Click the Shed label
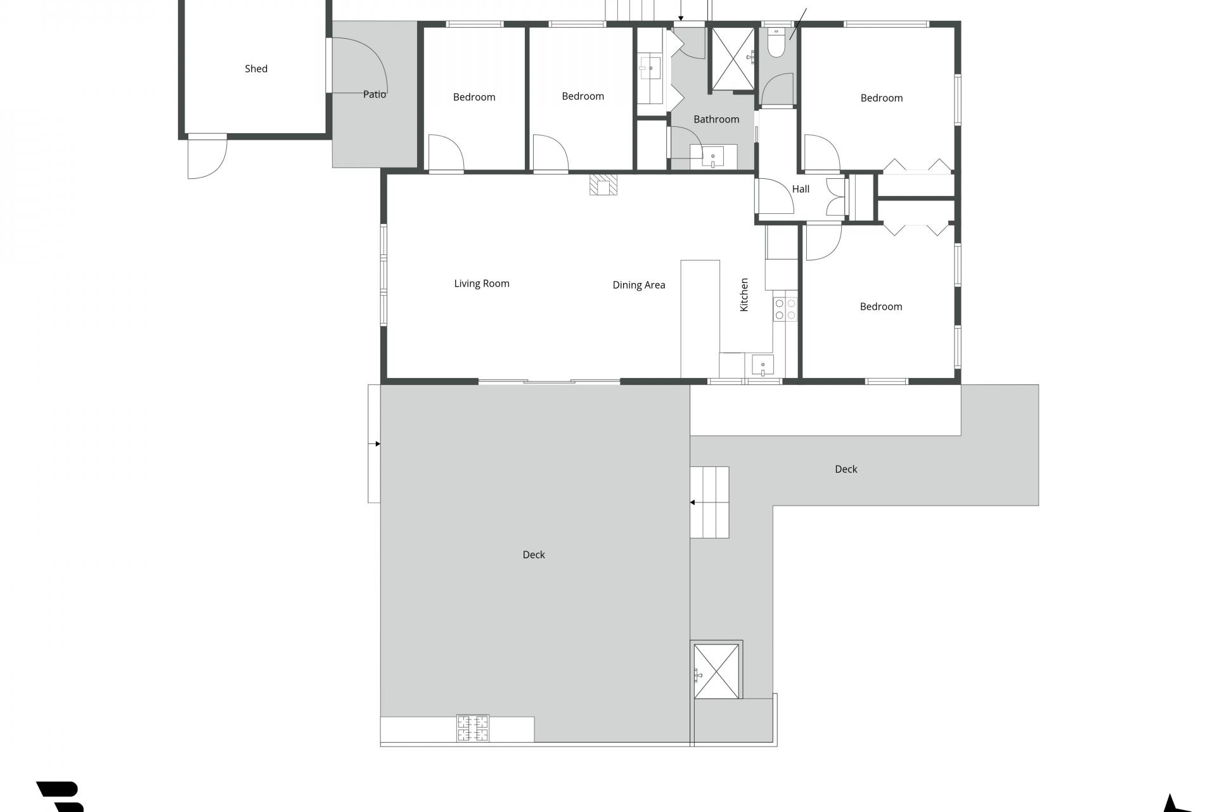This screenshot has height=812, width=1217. tap(256, 69)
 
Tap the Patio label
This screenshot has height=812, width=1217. tap(375, 95)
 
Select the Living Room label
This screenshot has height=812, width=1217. tap(482, 284)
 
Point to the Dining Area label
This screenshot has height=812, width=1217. tap(639, 285)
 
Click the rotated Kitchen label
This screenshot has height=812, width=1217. tap(744, 295)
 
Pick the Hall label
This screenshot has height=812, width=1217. tap(801, 189)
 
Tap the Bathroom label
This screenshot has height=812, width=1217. tap(716, 119)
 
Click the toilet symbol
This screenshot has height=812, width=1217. tap(776, 43)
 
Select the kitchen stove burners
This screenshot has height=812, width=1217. tap(785, 309)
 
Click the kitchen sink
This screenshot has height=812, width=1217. tap(763, 366)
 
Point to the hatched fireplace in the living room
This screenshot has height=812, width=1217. tap(603, 185)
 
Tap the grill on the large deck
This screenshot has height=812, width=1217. tap(473, 728)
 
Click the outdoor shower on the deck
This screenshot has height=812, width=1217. tap(716, 671)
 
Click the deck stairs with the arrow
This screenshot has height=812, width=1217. tap(709, 502)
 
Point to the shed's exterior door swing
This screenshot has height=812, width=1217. tap(207, 157)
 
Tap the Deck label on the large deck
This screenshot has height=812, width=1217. tap(534, 554)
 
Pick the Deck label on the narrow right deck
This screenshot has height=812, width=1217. tap(846, 469)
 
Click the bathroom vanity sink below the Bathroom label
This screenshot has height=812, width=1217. tap(713, 156)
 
